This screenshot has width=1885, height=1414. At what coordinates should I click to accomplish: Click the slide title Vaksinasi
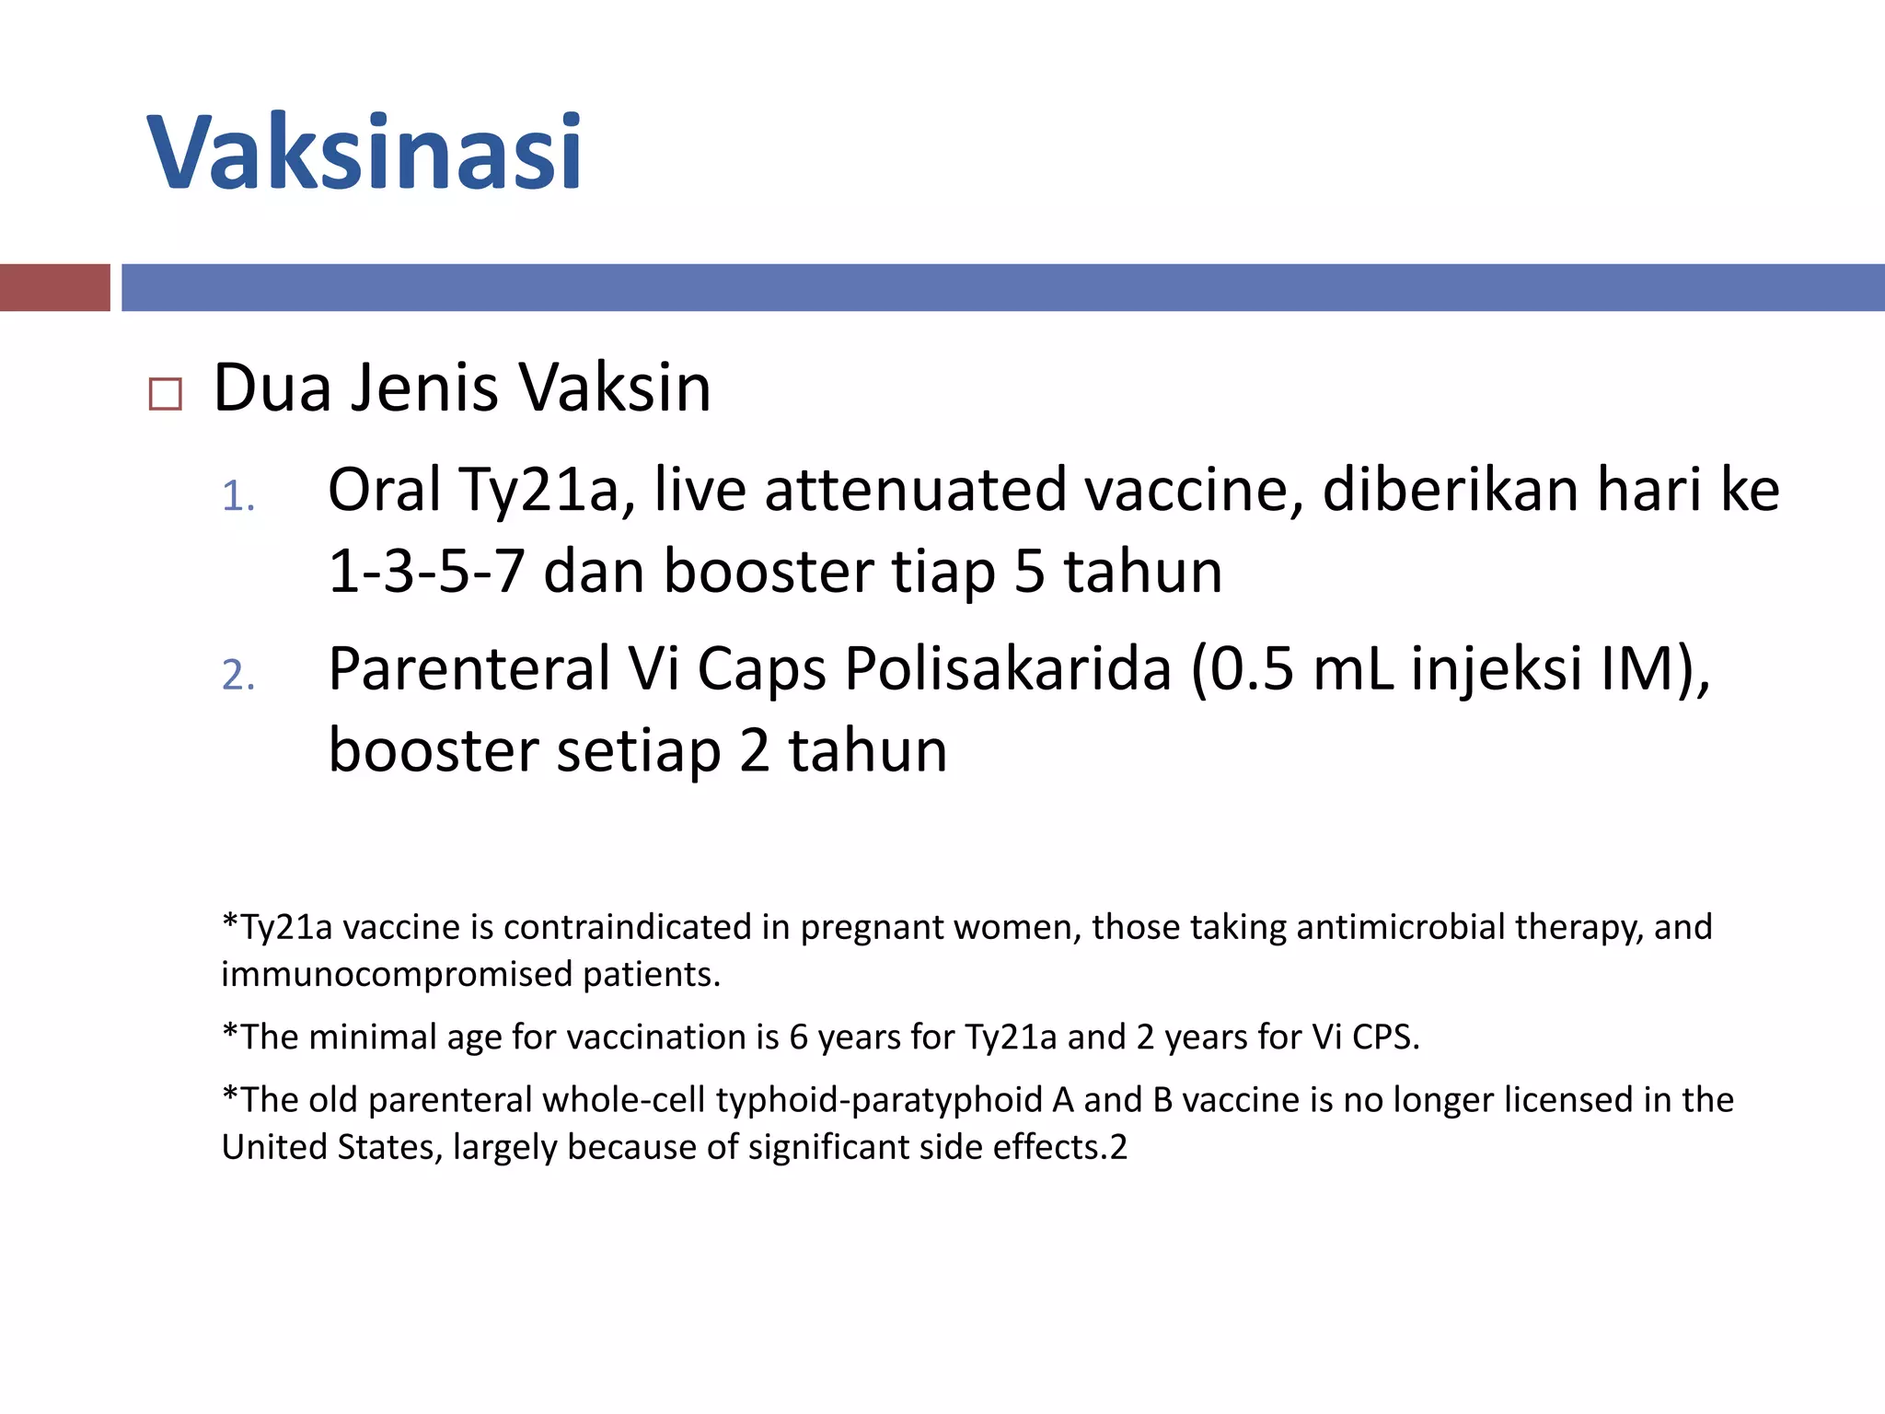[x=364, y=152]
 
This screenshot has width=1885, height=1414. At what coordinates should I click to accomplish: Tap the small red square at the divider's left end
[x=54, y=287]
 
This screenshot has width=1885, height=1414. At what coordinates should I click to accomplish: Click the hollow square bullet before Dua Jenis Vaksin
[x=166, y=394]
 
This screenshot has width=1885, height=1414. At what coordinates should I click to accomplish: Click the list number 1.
[x=237, y=497]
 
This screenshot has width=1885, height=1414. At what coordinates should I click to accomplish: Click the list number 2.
[x=237, y=676]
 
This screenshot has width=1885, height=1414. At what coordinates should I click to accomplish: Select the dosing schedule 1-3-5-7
[x=426, y=572]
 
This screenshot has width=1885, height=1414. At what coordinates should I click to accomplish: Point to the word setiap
[x=639, y=750]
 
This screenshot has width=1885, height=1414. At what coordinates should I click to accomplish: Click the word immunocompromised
[x=397, y=975]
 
